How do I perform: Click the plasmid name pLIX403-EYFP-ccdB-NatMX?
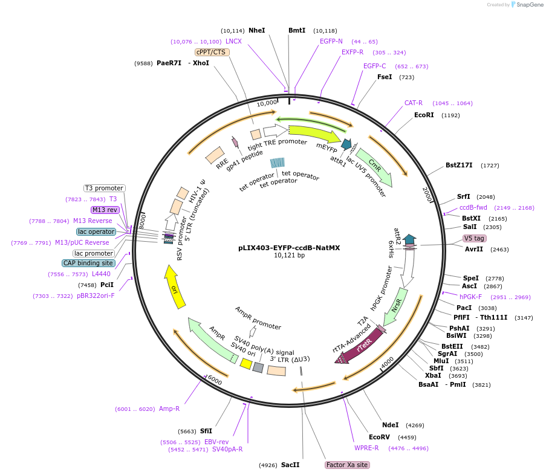289,248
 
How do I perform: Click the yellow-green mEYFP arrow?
315,134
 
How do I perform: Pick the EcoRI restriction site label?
424,115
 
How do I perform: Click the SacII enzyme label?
290,465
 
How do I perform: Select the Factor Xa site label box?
347,465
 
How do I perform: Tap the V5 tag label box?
474,238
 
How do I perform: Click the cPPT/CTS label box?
212,52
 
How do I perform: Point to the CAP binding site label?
88,263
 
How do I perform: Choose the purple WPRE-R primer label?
366,448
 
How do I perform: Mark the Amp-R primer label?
169,409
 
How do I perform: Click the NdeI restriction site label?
391,425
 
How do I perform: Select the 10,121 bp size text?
290,255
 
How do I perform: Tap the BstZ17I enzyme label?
459,165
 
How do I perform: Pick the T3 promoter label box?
105,188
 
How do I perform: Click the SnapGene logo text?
530,4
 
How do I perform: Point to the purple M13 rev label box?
105,210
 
